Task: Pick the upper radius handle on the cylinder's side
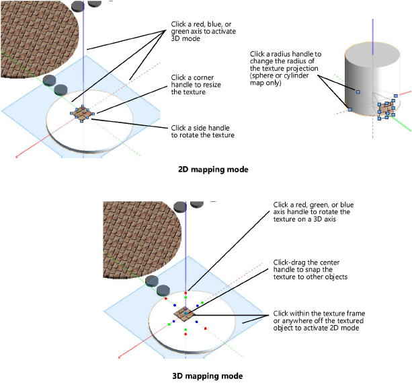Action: click(x=358, y=91)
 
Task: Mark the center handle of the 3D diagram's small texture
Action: click(x=185, y=314)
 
